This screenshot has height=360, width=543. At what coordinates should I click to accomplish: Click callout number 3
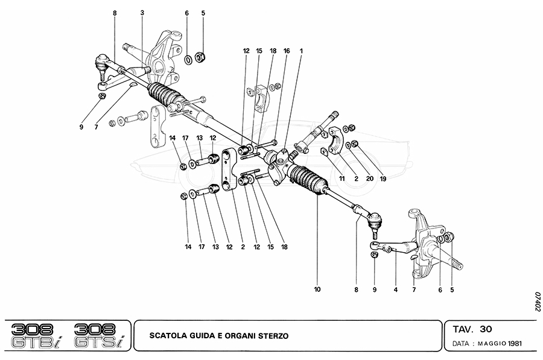142,13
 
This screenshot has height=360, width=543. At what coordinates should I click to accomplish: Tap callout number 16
287,51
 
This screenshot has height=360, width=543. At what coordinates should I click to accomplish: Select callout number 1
301,51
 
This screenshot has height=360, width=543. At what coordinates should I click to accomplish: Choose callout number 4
396,289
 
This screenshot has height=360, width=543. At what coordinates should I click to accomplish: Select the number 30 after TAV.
486,329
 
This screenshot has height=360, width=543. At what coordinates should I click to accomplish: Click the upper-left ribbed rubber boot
166,95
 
